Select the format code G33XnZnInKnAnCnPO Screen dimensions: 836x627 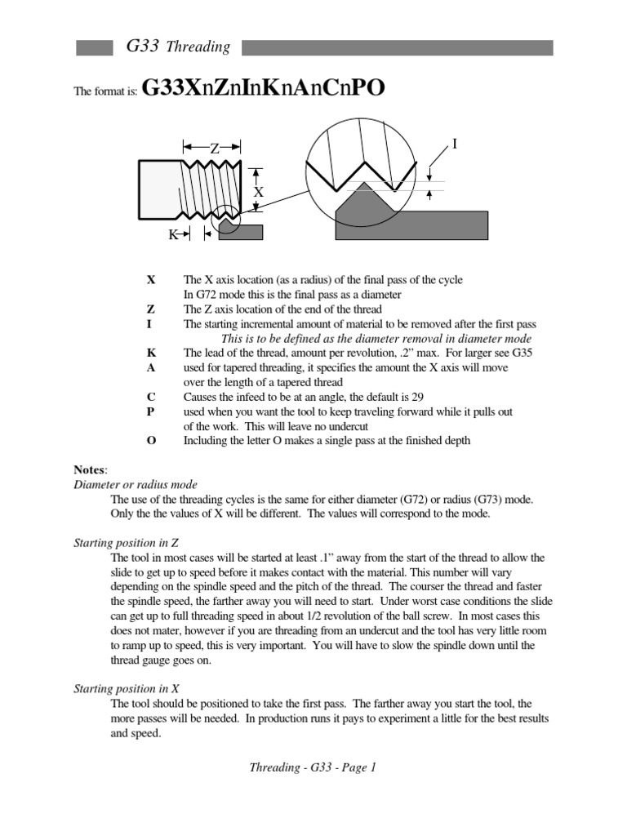coord(263,88)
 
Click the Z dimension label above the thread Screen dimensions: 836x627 coord(215,148)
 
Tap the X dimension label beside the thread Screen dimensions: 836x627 coord(258,191)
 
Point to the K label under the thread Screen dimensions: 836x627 coord(173,234)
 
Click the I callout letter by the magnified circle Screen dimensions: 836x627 coord(455,144)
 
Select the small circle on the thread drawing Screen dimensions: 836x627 coord(225,220)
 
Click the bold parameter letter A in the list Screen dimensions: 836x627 coord(150,368)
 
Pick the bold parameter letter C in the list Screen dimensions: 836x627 coord(150,398)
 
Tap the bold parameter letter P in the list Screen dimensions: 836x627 coord(150,412)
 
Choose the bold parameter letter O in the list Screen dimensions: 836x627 coord(150,442)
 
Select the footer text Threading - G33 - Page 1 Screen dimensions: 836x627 coord(313,767)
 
